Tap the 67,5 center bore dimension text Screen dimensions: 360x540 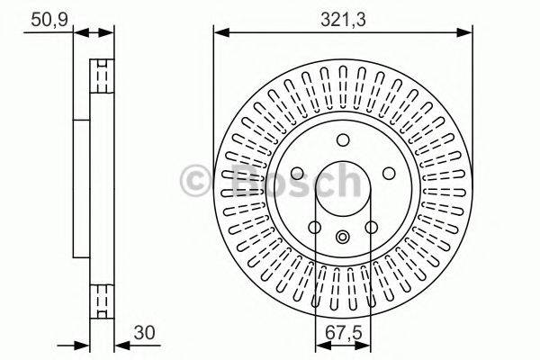(343, 330)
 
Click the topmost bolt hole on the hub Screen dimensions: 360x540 (343, 139)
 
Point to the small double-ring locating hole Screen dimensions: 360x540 (343, 237)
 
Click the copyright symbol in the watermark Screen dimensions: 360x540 (196, 180)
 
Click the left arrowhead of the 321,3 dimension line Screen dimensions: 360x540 (219, 32)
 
